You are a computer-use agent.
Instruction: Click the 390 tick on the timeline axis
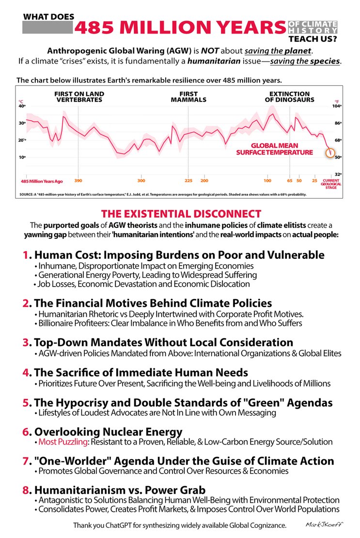click(x=78, y=181)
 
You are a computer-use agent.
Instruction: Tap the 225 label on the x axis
click(x=188, y=181)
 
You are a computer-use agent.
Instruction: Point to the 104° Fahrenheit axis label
click(x=337, y=106)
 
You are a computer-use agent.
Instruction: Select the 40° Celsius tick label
click(x=22, y=106)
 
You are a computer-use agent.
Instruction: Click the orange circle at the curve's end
click(x=330, y=154)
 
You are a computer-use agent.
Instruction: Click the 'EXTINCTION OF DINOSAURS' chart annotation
click(x=289, y=97)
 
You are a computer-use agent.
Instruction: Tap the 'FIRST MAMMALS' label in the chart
click(x=188, y=97)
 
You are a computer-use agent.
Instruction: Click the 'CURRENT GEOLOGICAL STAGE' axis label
click(x=331, y=184)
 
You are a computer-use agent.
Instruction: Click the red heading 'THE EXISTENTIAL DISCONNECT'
click(x=181, y=214)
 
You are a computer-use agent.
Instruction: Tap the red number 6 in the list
click(x=26, y=432)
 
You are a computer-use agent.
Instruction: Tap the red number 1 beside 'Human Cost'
click(x=26, y=255)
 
